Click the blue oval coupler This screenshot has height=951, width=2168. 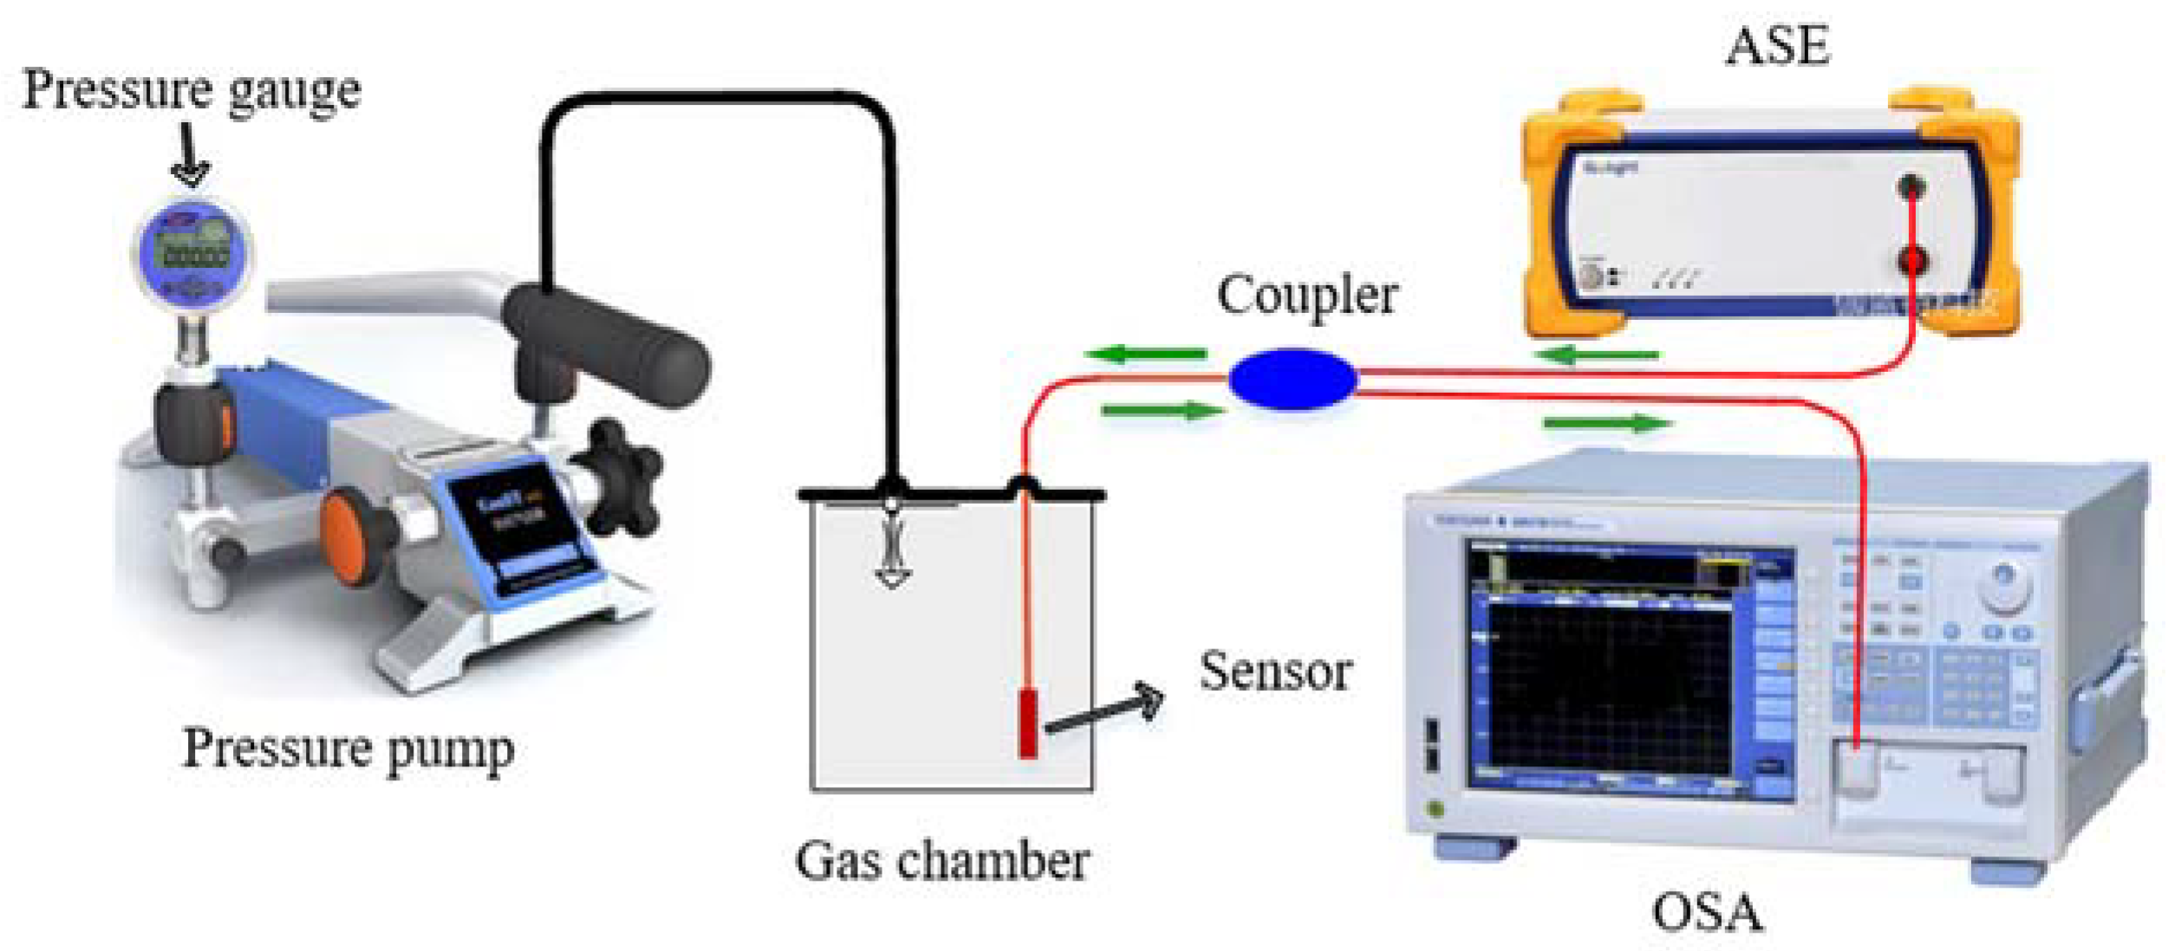pyautogui.click(x=1292, y=379)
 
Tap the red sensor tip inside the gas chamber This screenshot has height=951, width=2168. pyautogui.click(x=1028, y=722)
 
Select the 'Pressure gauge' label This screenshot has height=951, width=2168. pyautogui.click(x=192, y=90)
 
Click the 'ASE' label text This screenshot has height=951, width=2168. pyautogui.click(x=1778, y=45)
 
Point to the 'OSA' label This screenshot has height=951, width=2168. pyautogui.click(x=1707, y=913)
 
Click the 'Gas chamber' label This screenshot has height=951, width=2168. pyautogui.click(x=942, y=861)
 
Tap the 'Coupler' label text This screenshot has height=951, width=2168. pyautogui.click(x=1307, y=296)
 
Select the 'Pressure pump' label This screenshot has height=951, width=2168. pyautogui.click(x=348, y=748)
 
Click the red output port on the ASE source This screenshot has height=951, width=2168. pyautogui.click(x=1912, y=259)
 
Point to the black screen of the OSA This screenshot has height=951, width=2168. pyautogui.click(x=1608, y=685)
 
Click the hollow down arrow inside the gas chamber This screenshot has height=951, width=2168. pyautogui.click(x=892, y=555)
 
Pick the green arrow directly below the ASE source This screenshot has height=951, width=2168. pyautogui.click(x=1597, y=355)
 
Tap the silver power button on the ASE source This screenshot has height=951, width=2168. pyautogui.click(x=1591, y=276)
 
